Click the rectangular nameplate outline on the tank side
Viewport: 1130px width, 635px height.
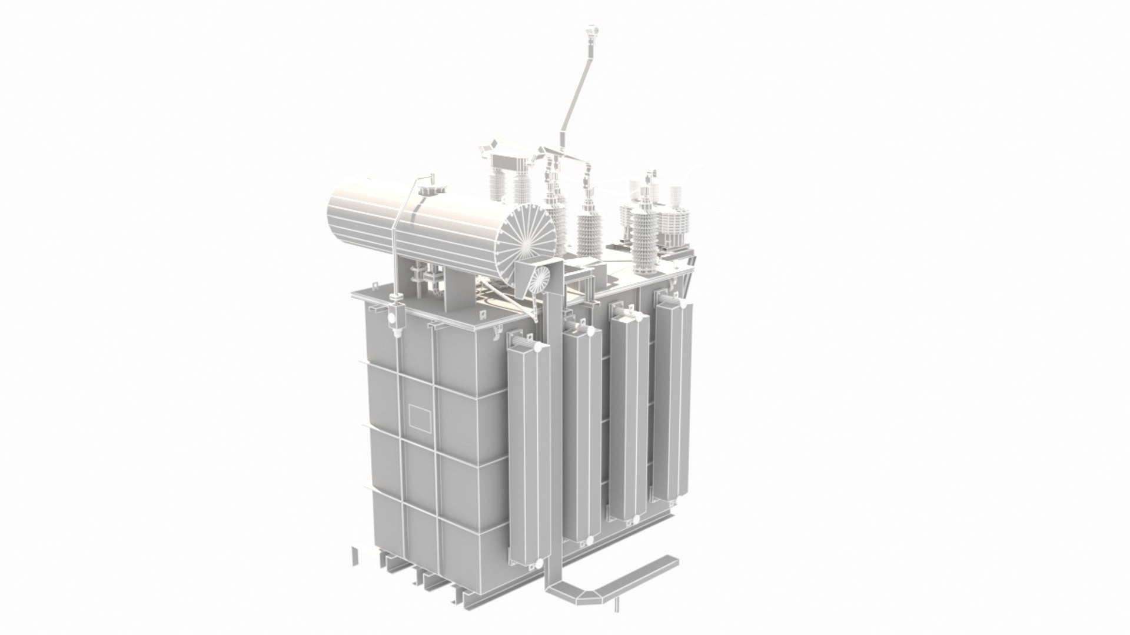point(420,417)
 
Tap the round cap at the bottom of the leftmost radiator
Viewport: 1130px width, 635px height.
point(532,567)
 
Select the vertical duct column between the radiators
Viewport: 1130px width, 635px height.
point(554,412)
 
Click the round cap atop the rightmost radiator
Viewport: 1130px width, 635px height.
point(684,302)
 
